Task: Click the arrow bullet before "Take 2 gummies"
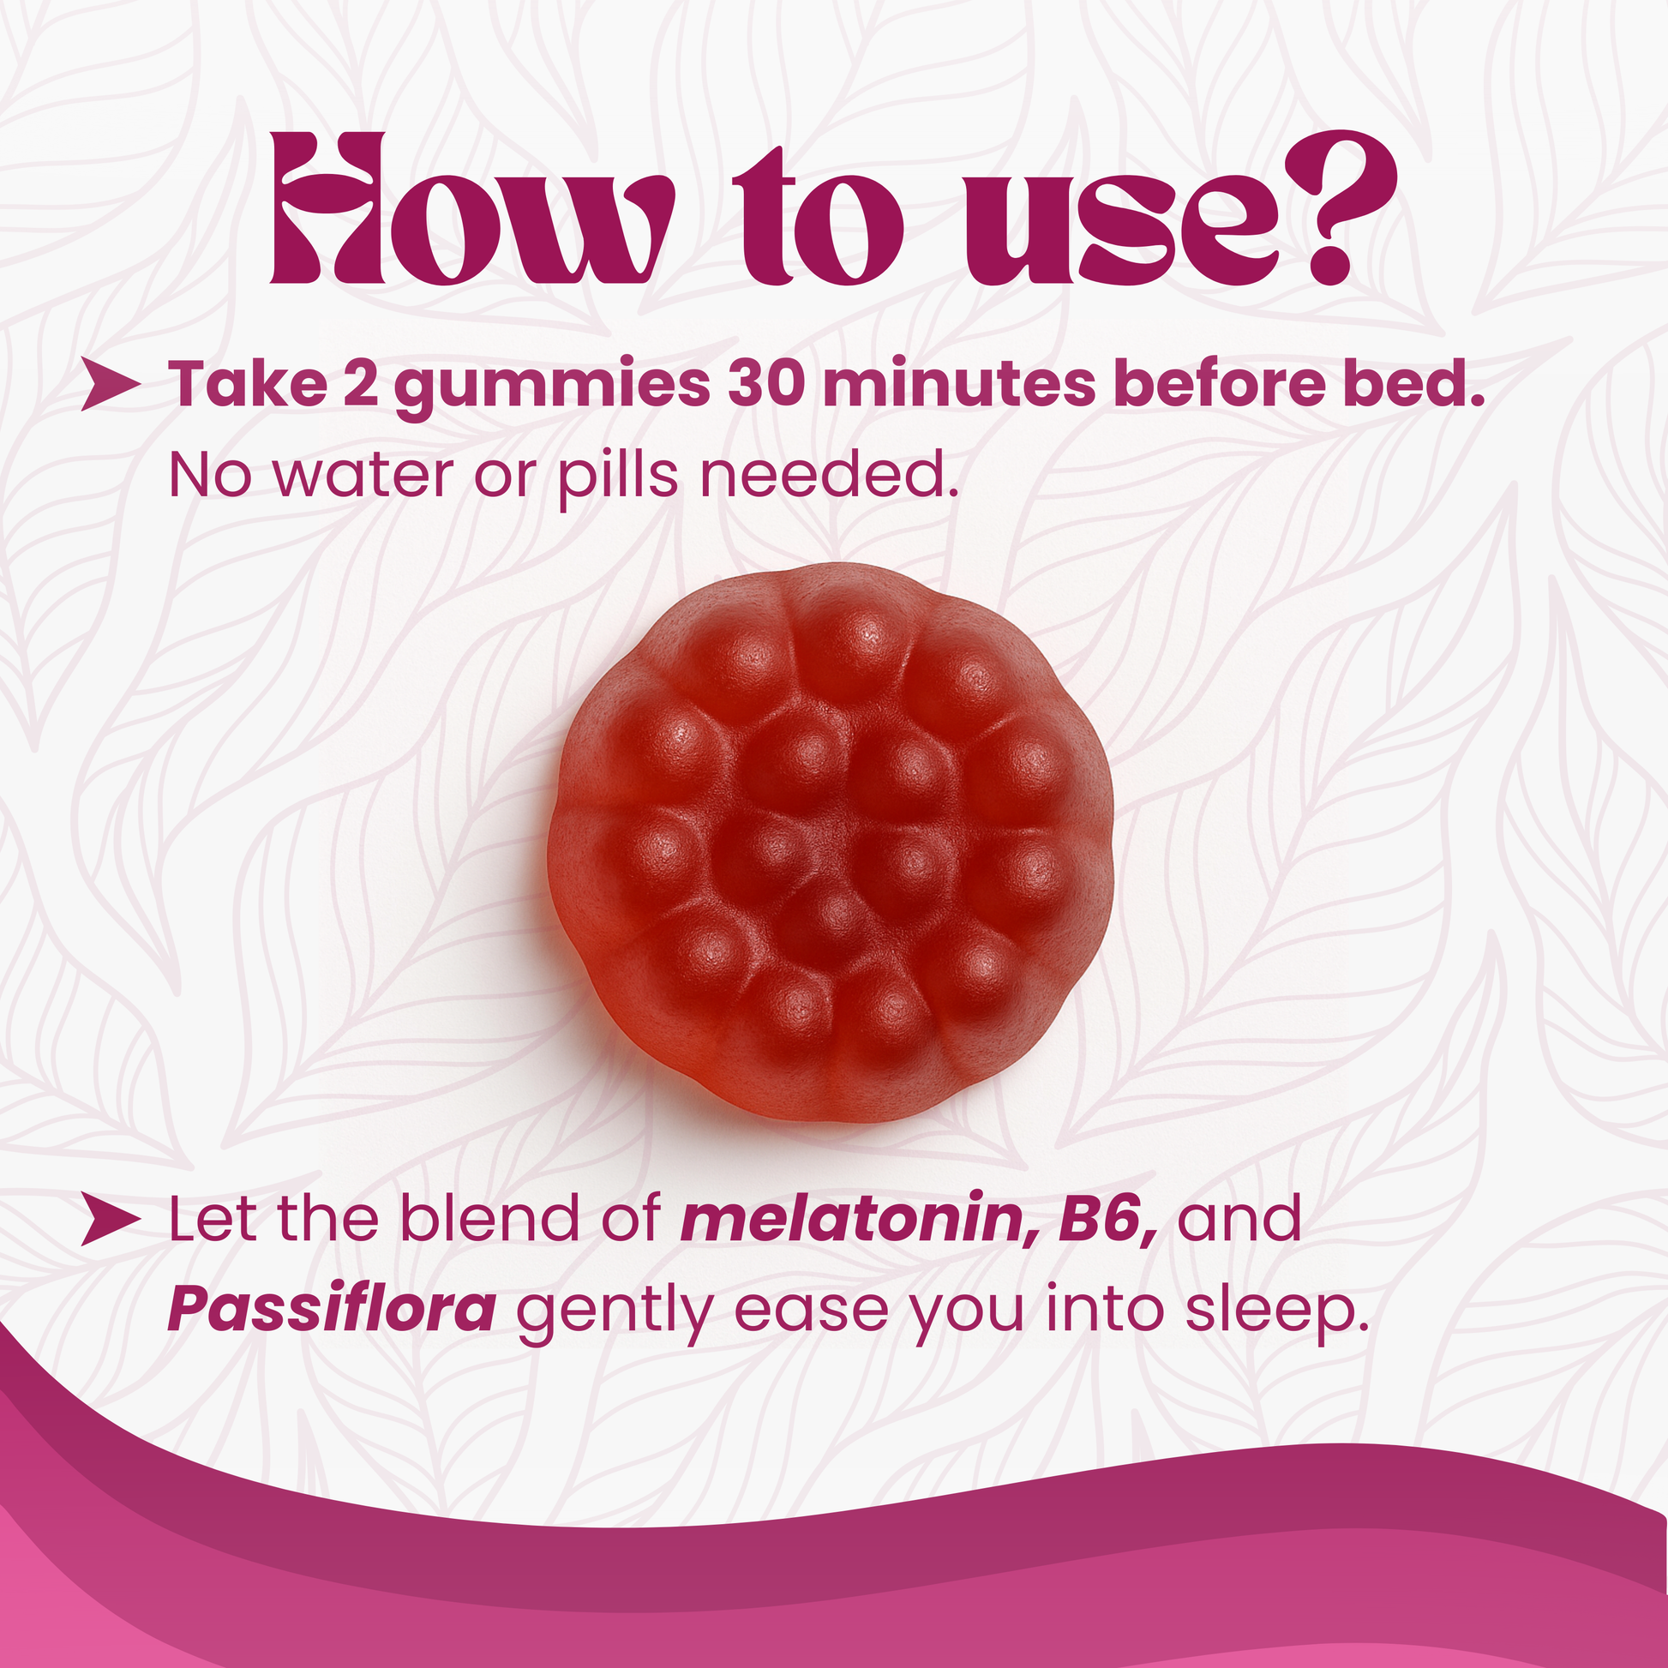coord(111,385)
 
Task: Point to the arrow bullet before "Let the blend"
coord(111,1221)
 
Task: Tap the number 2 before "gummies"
coord(360,384)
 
